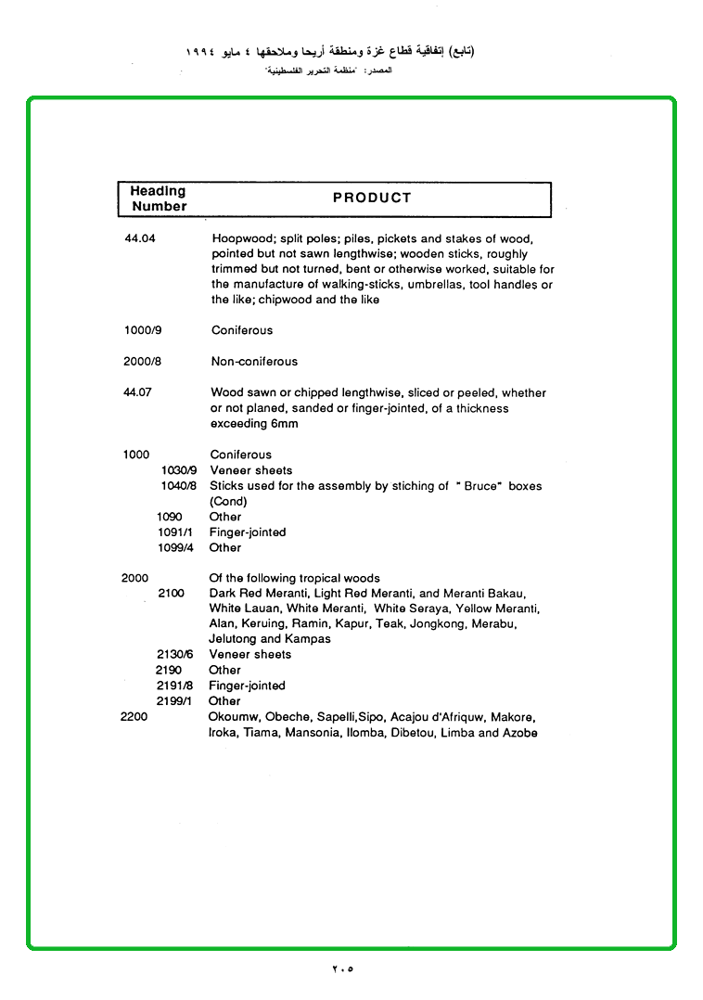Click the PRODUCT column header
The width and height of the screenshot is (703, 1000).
[x=372, y=198]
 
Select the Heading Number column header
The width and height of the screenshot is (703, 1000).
[x=159, y=199]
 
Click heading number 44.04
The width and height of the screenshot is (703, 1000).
[x=140, y=238]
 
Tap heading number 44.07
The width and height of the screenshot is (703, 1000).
[x=137, y=392]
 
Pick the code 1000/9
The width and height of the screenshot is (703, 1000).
[x=142, y=330]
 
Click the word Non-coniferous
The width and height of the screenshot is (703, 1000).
[x=254, y=362]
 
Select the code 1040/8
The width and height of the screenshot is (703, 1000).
[x=178, y=486]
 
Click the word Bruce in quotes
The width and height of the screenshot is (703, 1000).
[x=479, y=486]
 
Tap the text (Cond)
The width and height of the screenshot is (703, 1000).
[x=228, y=502]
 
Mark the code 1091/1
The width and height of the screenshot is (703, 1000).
[x=175, y=532]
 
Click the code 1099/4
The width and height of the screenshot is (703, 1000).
[x=175, y=547]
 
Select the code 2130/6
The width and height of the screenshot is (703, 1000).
[x=173, y=654]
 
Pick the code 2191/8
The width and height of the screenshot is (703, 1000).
[x=173, y=686]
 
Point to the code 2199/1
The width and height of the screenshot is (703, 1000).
[x=173, y=701]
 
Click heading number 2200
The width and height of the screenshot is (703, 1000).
[x=134, y=717]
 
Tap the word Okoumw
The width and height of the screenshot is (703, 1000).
[x=234, y=717]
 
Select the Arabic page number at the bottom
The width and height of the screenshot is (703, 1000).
[x=343, y=969]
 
